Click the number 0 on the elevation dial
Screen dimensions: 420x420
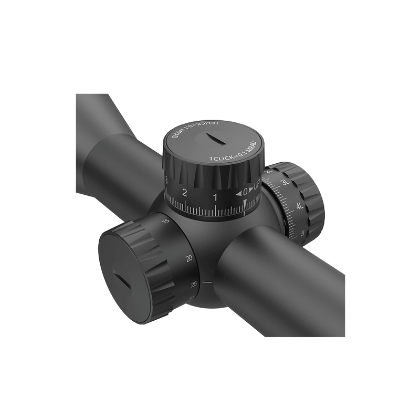tap(246, 194)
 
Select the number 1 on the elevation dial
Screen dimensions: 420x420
tap(215, 197)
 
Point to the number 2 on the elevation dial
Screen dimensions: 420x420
tap(184, 192)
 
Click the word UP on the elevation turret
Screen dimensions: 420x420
tap(258, 186)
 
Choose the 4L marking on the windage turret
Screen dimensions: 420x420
tap(299, 206)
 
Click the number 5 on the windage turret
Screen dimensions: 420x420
tap(303, 233)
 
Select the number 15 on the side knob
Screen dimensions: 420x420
tap(166, 222)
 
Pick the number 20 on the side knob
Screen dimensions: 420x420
tap(188, 258)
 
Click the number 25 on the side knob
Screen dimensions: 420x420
tap(195, 285)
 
